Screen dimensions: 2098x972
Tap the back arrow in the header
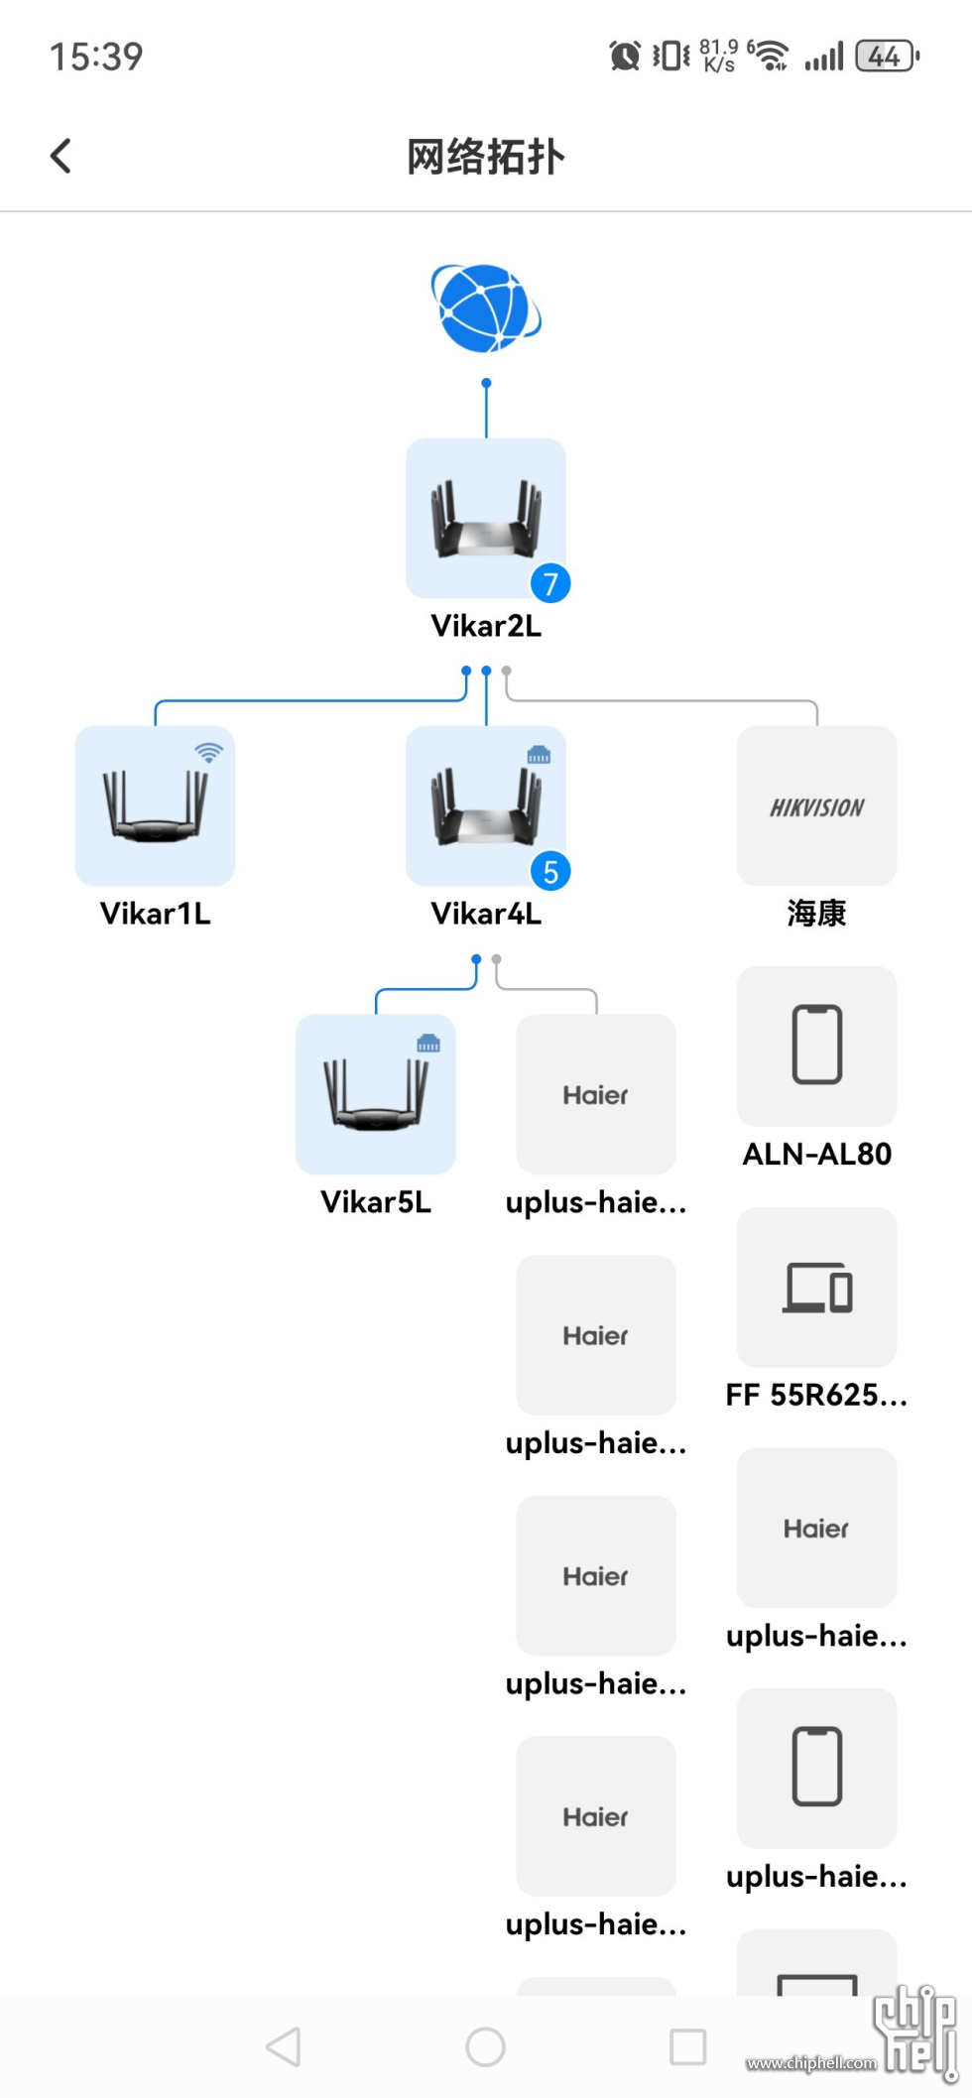[61, 156]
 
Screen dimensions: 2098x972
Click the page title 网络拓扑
[486, 157]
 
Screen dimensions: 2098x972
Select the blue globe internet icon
[486, 309]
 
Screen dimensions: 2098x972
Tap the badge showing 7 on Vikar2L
[550, 583]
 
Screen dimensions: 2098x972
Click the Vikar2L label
[486, 626]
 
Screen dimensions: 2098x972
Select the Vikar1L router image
[155, 806]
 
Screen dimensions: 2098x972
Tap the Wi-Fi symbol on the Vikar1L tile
[208, 753]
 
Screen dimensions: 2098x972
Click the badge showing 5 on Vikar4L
[550, 871]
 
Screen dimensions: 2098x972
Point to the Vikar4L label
[486, 914]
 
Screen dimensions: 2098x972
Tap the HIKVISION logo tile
[816, 806]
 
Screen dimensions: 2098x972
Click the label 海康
[816, 914]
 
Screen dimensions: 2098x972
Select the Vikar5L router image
[375, 1094]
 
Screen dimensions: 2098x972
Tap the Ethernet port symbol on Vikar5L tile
[428, 1043]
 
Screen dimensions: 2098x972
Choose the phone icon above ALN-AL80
[816, 1045]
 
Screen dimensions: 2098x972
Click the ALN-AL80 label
[816, 1154]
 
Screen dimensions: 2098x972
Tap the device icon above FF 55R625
[816, 1287]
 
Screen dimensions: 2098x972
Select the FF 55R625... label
[816, 1395]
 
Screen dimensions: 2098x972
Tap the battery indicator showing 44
[887, 56]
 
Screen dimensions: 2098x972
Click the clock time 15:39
[96, 57]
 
